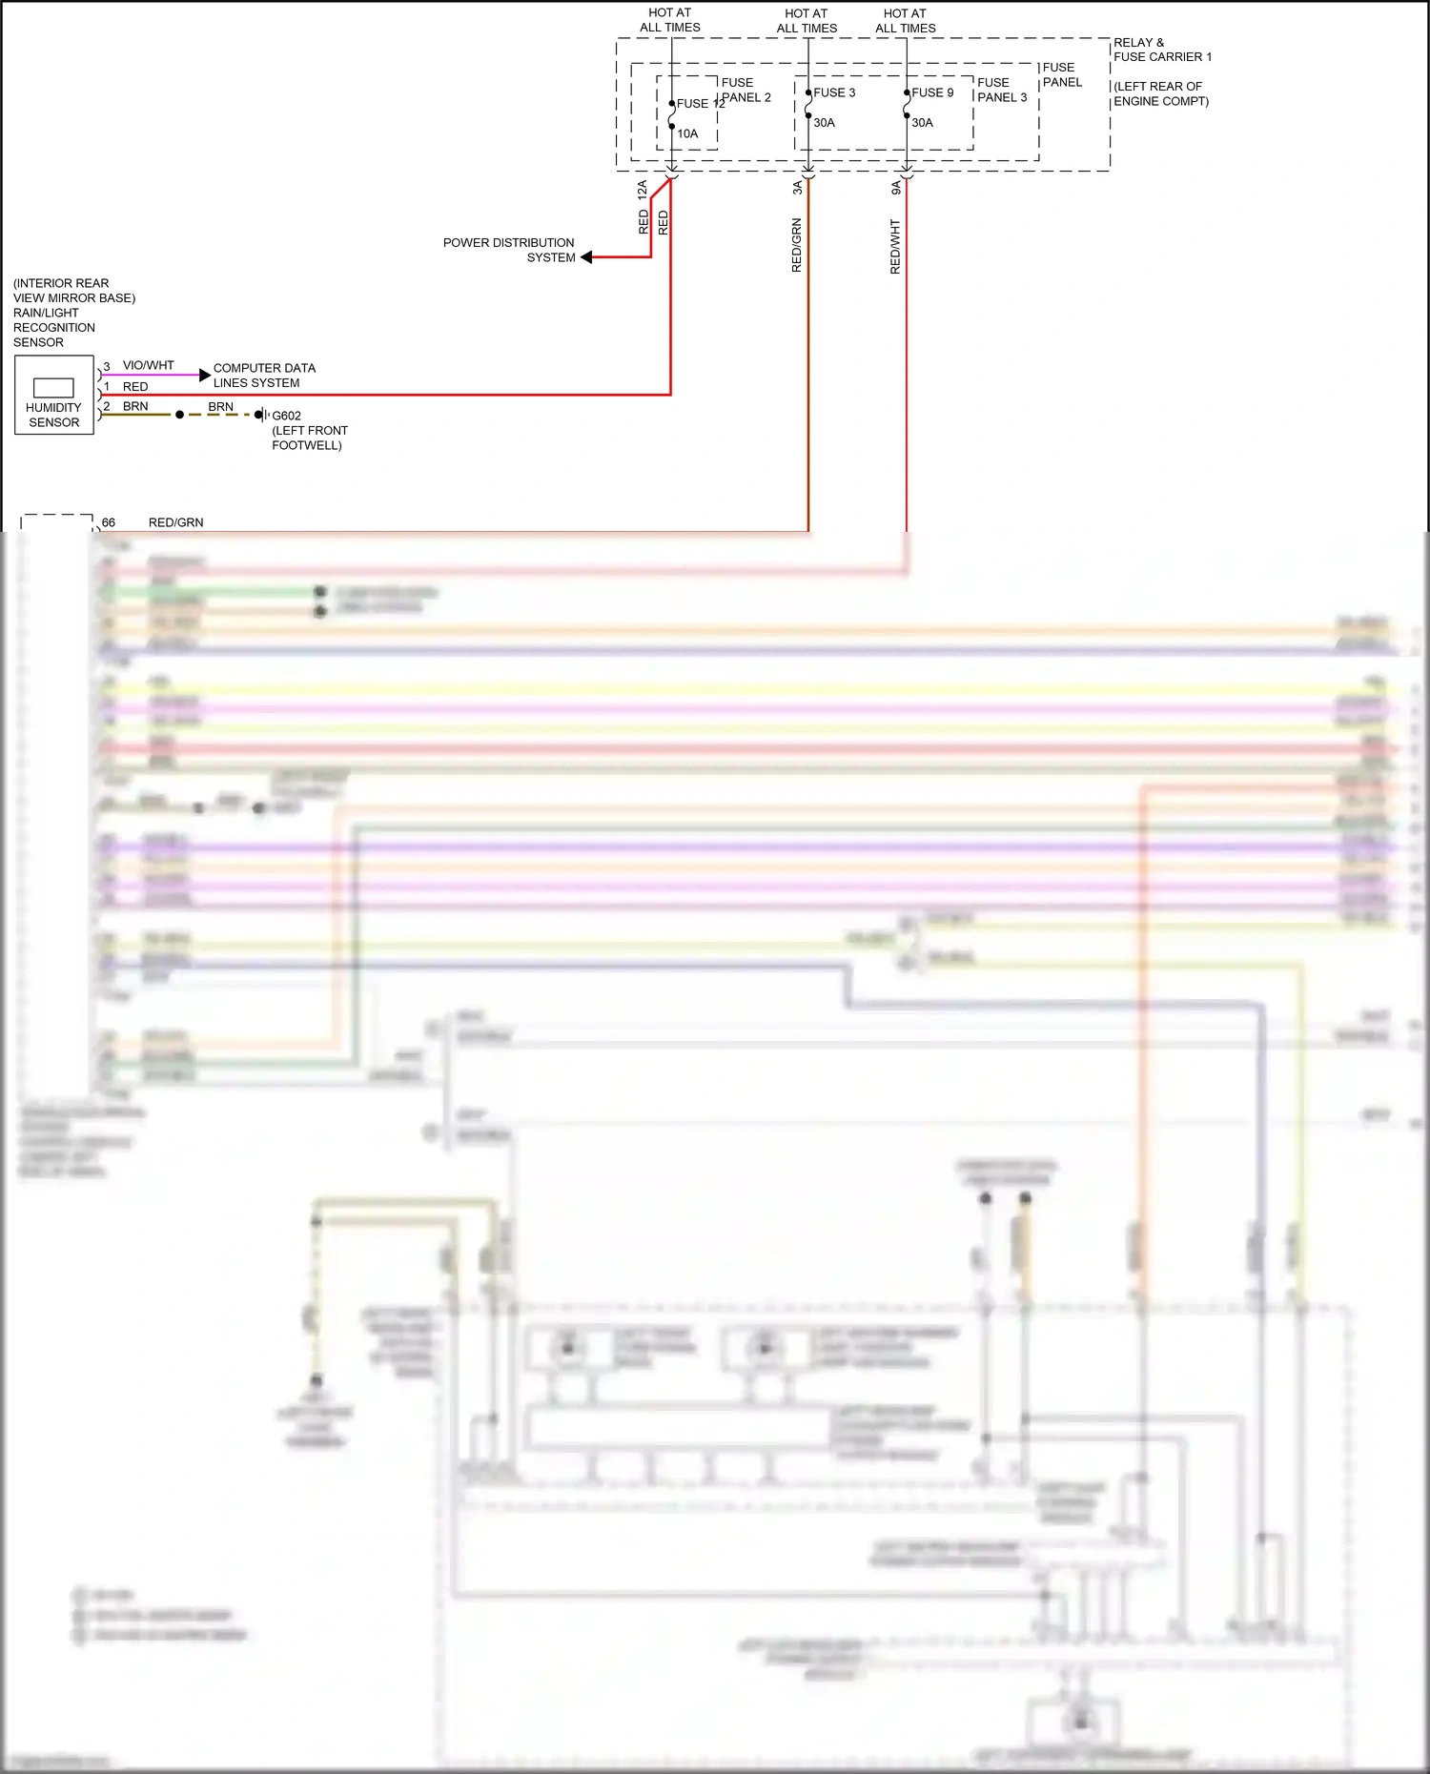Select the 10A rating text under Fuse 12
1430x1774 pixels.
687,133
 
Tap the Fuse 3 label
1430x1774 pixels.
834,92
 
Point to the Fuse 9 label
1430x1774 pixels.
932,92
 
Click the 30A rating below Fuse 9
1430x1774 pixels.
922,122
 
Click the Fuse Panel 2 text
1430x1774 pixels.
746,90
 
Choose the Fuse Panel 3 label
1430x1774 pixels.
1001,90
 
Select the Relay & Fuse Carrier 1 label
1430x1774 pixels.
1162,50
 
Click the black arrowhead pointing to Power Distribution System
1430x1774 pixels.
587,257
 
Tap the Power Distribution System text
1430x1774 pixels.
509,250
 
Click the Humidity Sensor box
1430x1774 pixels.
54,396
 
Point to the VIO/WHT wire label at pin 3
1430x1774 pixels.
149,365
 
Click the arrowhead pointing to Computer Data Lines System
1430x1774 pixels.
204,375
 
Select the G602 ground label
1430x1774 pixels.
286,416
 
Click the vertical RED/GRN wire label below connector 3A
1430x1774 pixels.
797,245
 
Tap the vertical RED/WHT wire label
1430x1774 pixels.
894,247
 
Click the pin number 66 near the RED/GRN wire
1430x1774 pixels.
109,522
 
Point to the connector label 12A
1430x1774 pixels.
643,189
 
